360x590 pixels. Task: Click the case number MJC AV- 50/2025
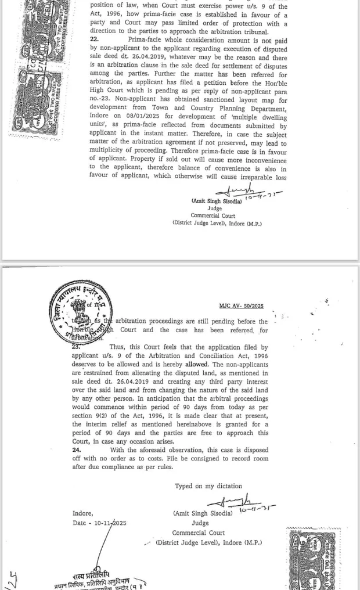click(241, 305)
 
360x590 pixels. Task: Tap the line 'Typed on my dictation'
click(208, 486)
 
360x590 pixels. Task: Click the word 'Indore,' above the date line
click(82, 513)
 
